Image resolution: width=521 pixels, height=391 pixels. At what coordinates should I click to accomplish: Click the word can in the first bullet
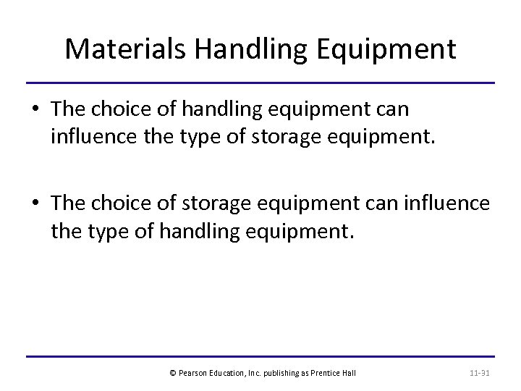(394, 110)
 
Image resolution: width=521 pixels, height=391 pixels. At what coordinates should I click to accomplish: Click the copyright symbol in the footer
(172, 373)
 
